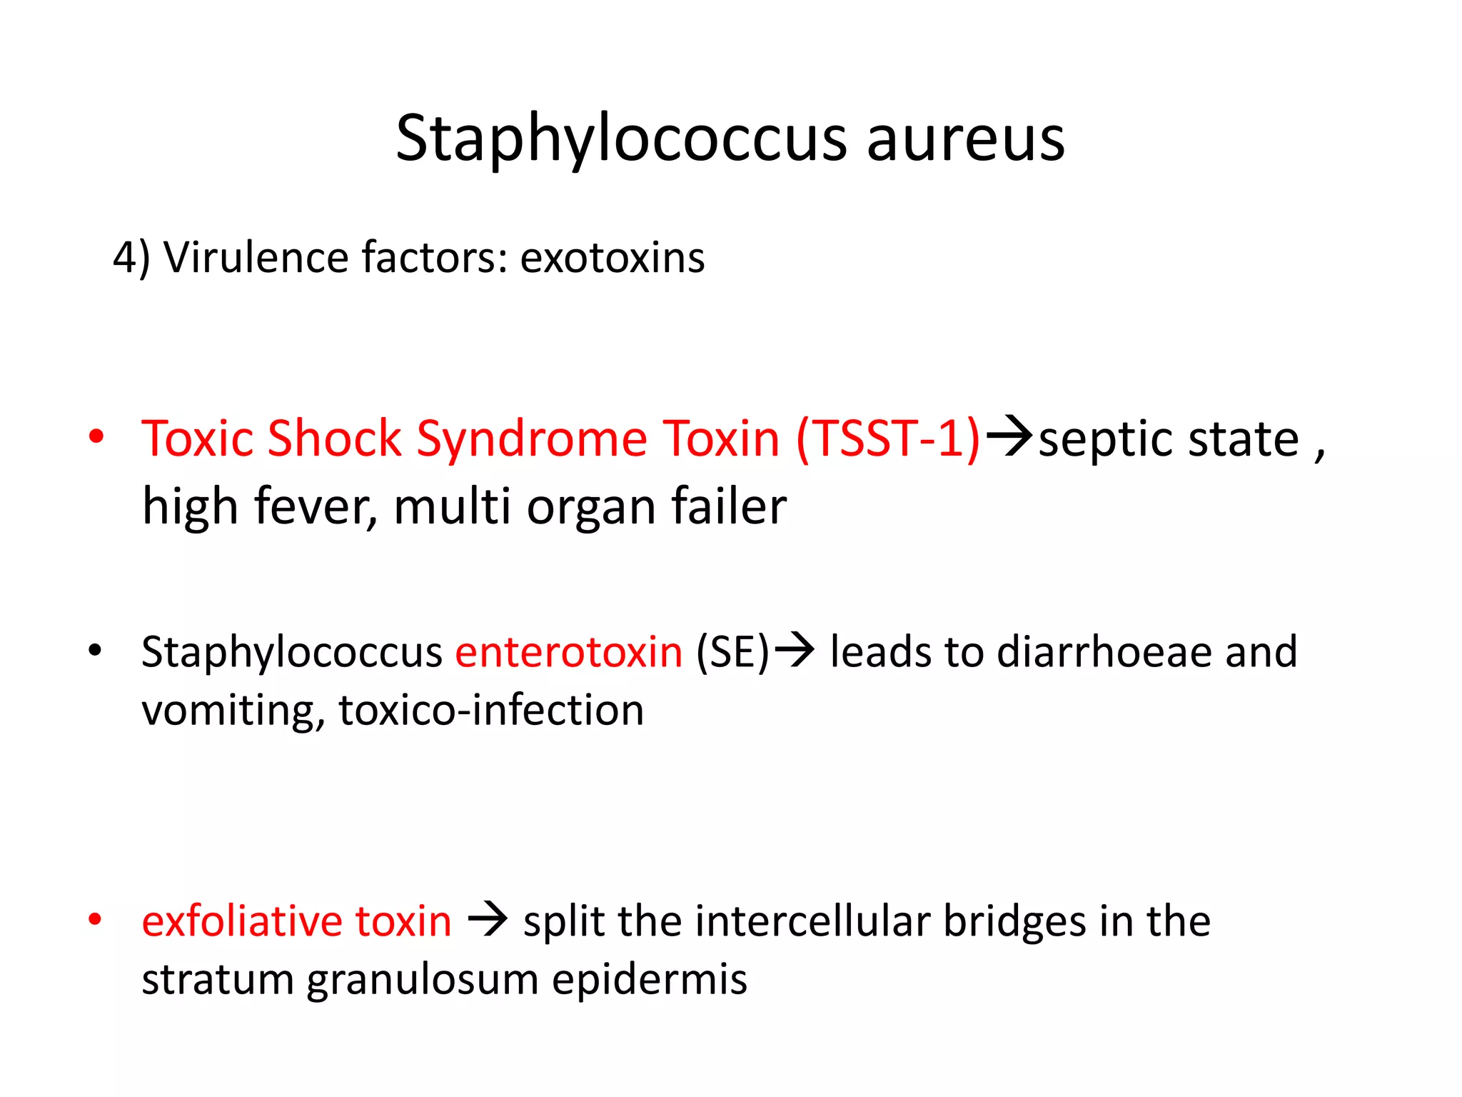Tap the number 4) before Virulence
[x=131, y=259]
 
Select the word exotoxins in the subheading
[x=612, y=259]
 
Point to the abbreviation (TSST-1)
[x=888, y=438]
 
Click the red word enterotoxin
[x=569, y=652]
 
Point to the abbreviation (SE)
[x=732, y=652]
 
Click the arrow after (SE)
[x=795, y=650]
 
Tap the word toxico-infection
[x=491, y=711]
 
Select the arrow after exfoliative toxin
[x=488, y=919]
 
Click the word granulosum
[x=422, y=980]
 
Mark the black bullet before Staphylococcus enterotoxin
[x=95, y=651]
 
